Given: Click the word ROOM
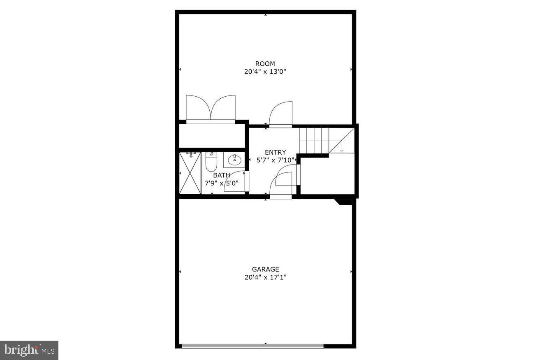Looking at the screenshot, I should pos(265,64).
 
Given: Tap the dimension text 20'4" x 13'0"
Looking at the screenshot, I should pos(265,72).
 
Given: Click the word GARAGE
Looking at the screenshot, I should pos(265,269).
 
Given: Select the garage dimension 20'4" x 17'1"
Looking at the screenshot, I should pos(265,277).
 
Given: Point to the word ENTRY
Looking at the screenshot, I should pos(275,152).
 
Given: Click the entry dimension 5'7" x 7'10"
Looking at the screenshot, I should pos(275,160).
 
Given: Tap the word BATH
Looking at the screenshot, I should pos(221,175).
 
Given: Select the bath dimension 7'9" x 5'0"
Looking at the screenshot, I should pos(221,183).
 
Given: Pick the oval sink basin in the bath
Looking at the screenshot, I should pos(234,160).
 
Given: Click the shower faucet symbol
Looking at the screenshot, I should pos(191,155).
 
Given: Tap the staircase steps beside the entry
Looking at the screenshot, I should pos(314,140).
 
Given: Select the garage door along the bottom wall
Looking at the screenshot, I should pos(252,346).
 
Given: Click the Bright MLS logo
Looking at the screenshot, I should pos(29,350).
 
